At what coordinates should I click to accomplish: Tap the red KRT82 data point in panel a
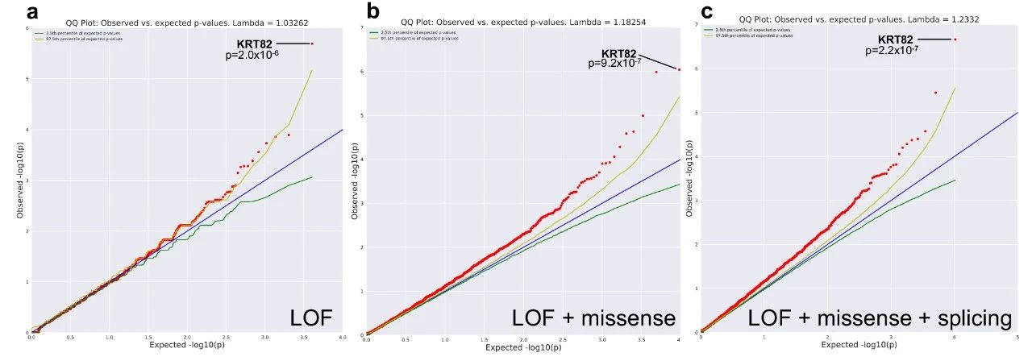point(312,44)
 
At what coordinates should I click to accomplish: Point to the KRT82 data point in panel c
point(955,39)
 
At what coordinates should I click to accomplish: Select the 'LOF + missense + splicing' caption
point(880,318)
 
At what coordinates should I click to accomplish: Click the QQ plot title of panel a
point(188,19)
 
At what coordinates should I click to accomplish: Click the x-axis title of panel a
point(187,346)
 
